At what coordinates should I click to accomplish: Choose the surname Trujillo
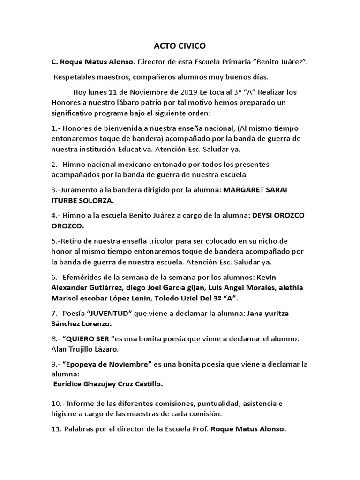coord(83,349)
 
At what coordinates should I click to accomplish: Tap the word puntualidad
coord(204,404)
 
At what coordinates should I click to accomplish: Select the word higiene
coord(64,414)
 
